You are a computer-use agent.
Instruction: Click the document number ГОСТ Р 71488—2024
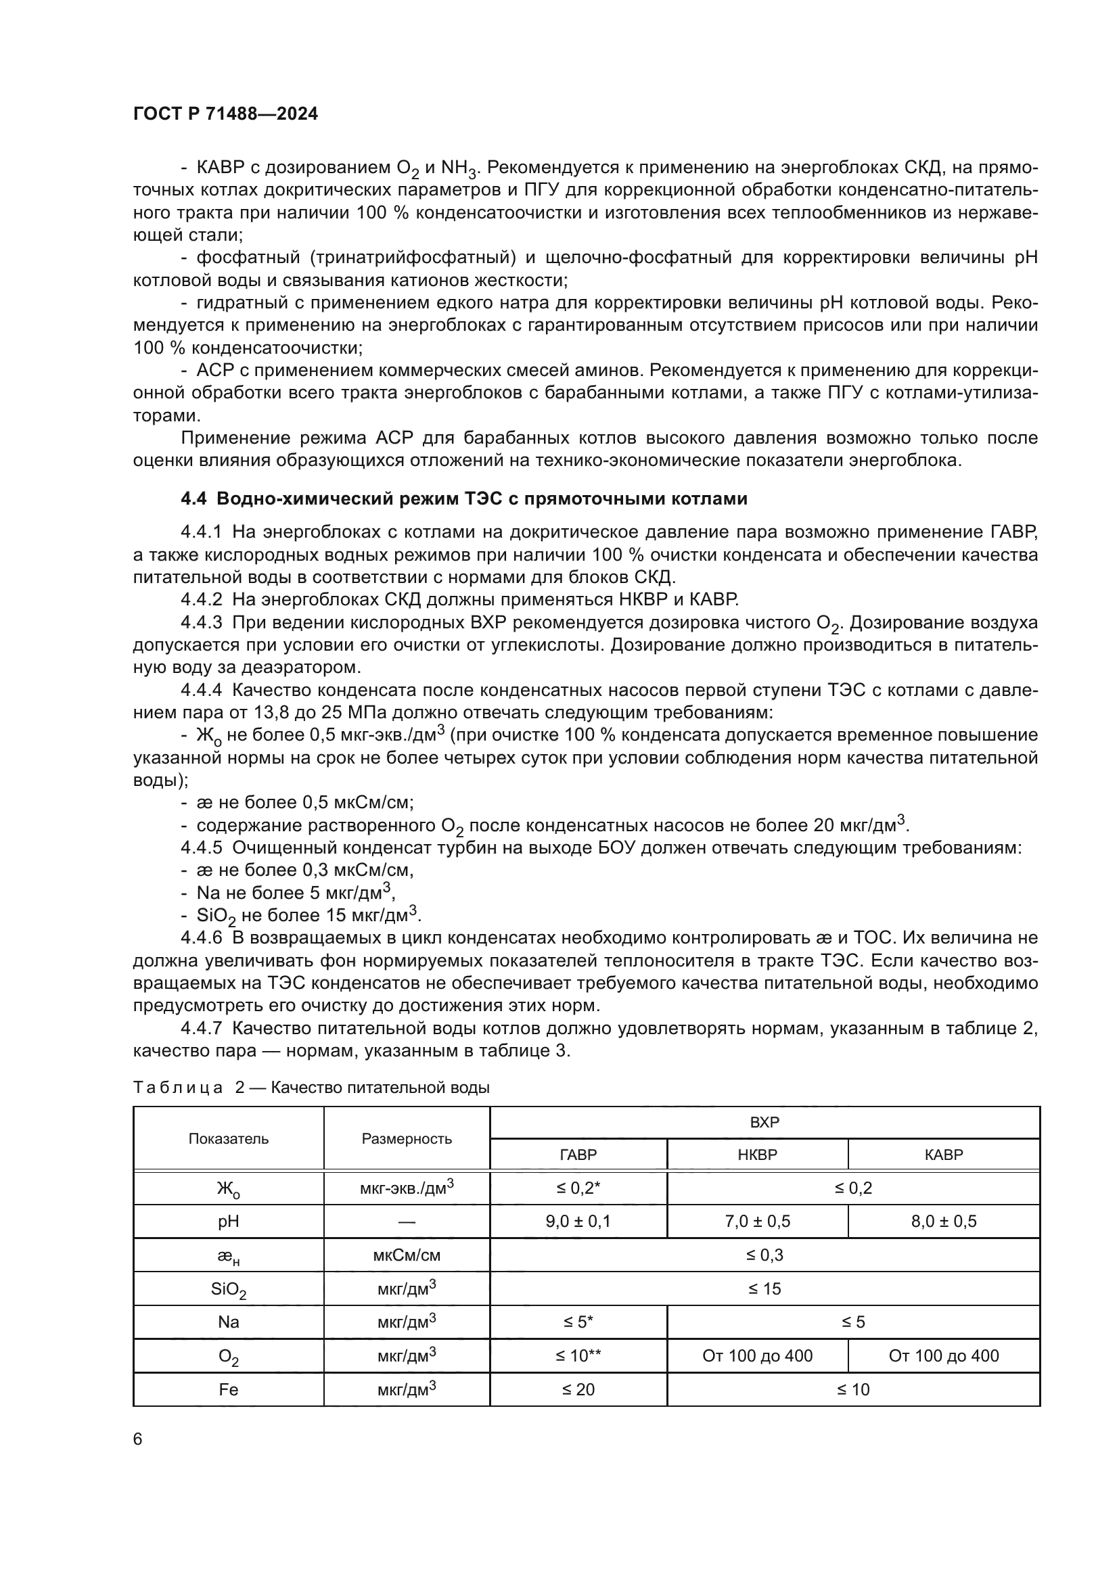tap(225, 114)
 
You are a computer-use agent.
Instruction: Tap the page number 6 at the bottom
tap(138, 1439)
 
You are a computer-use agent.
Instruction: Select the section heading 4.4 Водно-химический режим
tap(463, 498)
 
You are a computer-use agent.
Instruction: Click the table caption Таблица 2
tap(311, 1088)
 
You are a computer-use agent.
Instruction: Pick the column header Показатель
tap(228, 1138)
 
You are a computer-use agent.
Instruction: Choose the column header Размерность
tap(407, 1138)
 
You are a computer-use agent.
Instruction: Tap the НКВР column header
tap(756, 1154)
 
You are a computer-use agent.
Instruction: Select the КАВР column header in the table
tap(943, 1154)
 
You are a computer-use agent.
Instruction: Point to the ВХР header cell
tap(764, 1121)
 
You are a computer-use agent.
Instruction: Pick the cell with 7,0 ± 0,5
tap(756, 1222)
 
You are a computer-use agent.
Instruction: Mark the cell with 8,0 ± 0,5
tap(943, 1222)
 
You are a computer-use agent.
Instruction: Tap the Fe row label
tap(228, 1389)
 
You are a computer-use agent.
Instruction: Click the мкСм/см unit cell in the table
tap(407, 1255)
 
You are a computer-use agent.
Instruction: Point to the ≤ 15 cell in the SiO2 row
tap(764, 1288)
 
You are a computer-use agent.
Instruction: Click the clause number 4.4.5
tap(201, 847)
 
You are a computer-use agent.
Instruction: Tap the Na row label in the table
tap(228, 1322)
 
